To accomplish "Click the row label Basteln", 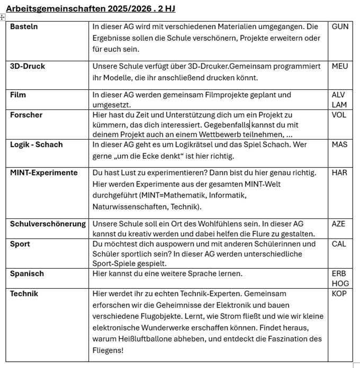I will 24,26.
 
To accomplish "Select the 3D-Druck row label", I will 28,67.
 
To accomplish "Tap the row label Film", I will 19,95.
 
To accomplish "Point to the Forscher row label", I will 26,115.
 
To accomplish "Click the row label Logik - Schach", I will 36,145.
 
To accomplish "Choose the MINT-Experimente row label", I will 43,173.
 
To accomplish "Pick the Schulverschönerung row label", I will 48,224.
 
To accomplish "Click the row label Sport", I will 20,244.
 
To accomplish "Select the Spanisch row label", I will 27,274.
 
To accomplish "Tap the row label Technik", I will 24,293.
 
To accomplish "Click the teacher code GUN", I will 340,26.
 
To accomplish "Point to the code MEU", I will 340,67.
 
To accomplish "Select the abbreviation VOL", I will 339,115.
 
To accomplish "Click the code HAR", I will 339,173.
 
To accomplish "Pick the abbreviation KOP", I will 339,293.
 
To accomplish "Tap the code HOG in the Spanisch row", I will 339,283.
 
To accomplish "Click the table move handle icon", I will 3,17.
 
